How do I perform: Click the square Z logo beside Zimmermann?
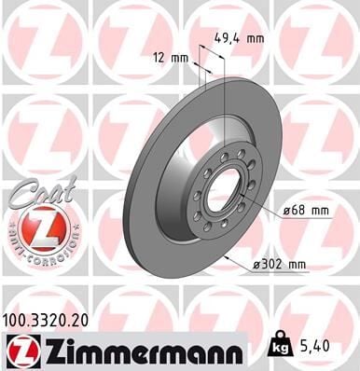21,350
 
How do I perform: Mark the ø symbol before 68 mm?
286,212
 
